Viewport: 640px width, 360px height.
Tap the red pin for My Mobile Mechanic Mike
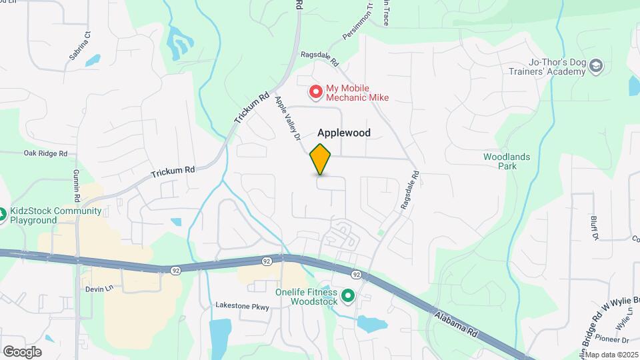pos(315,90)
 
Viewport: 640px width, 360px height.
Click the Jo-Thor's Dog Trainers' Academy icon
pos(596,65)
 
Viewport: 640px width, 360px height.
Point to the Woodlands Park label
pos(507,161)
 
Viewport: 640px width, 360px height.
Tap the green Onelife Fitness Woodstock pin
pos(347,295)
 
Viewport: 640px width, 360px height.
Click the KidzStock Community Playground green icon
pos(2,215)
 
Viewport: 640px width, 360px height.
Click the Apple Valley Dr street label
pos(289,119)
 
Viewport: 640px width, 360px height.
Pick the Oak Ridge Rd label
pos(45,153)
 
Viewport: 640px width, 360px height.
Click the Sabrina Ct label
pos(79,45)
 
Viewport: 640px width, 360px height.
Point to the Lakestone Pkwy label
pos(241,306)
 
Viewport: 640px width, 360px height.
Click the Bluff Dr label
pos(593,227)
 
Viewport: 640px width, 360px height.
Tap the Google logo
pos(22,352)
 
